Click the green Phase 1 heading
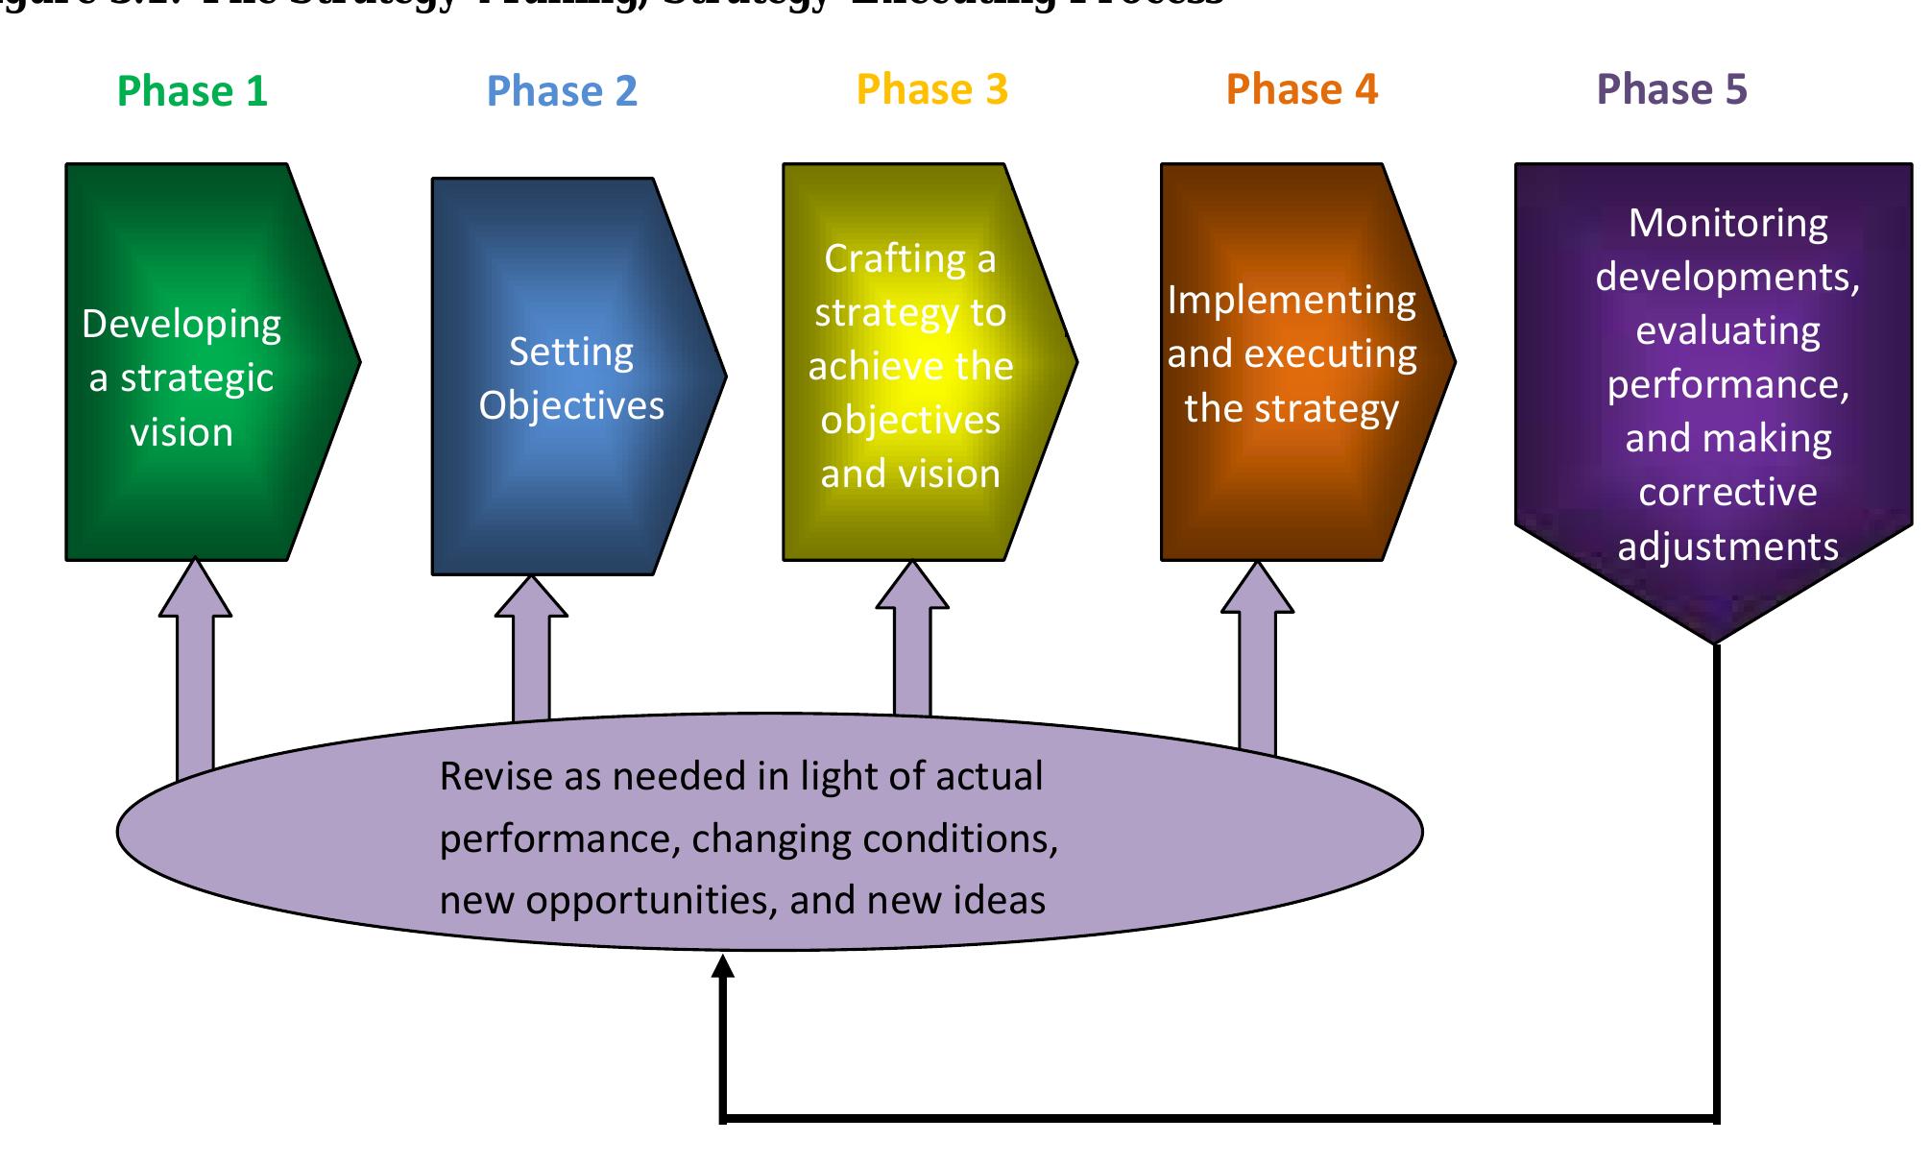[192, 92]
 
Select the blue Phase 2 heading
[562, 92]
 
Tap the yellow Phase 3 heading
[931, 90]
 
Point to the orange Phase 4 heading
[1301, 90]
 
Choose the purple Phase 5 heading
[1671, 90]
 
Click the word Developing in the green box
[181, 325]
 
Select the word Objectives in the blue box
[571, 406]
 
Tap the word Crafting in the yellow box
[895, 259]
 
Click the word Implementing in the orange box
[1292, 301]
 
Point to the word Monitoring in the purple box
[1727, 224]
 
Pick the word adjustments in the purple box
[1727, 547]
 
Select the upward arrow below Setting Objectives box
[531, 644]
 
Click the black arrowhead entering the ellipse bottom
[723, 966]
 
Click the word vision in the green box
[181, 433]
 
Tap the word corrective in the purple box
[1727, 493]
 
